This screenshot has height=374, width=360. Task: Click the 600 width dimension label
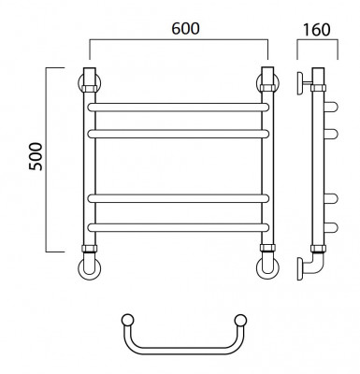click(185, 29)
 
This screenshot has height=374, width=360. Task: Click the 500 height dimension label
click(36, 156)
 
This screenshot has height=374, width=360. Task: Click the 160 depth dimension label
click(316, 30)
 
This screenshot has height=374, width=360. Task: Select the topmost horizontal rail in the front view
click(178, 107)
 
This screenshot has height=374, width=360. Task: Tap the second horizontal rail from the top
click(178, 134)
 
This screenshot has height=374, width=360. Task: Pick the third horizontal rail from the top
click(178, 198)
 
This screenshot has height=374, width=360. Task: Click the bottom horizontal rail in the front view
click(178, 227)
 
